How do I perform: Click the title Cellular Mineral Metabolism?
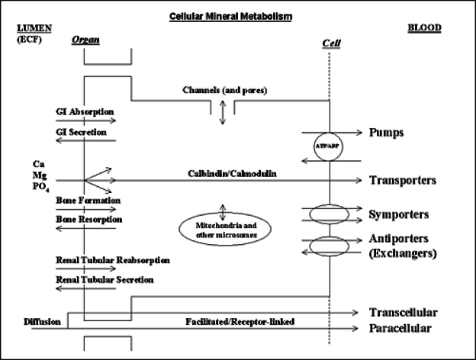pyautogui.click(x=230, y=16)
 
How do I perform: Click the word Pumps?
pyautogui.click(x=386, y=133)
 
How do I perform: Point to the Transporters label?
pyautogui.click(x=403, y=180)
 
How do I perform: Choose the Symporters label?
pyautogui.click(x=399, y=214)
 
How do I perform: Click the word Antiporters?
pyautogui.click(x=399, y=239)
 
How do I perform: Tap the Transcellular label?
pyautogui.click(x=403, y=313)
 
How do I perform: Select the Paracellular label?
pyautogui.click(x=400, y=328)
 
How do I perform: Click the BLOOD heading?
pyautogui.click(x=424, y=27)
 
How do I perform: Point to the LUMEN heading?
pyautogui.click(x=34, y=28)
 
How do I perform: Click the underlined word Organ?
pyautogui.click(x=85, y=40)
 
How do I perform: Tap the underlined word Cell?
pyautogui.click(x=331, y=43)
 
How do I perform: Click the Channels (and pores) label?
pyautogui.click(x=224, y=90)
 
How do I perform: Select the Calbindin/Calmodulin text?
pyautogui.click(x=232, y=174)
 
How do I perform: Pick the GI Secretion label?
pyautogui.click(x=81, y=133)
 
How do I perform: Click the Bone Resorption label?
pyautogui.click(x=89, y=219)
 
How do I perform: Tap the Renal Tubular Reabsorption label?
pyautogui.click(x=113, y=260)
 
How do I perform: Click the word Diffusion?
pyautogui.click(x=42, y=322)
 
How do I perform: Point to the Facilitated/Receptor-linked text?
pyautogui.click(x=240, y=322)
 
